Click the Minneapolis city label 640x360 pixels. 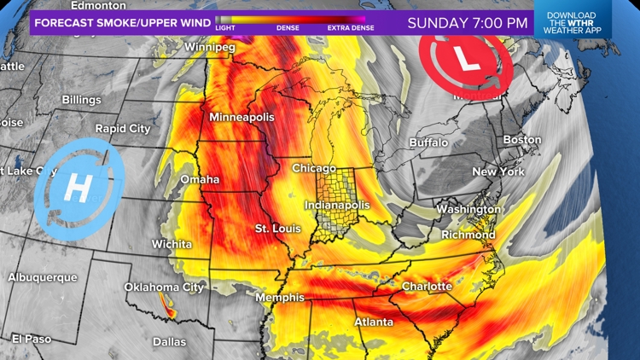click(x=241, y=117)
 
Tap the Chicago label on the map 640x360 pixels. click(x=314, y=168)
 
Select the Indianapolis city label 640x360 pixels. click(x=338, y=206)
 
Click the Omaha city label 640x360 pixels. click(x=200, y=179)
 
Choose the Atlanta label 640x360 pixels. click(x=374, y=322)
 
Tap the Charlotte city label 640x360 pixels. click(x=427, y=286)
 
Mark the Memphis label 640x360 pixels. click(x=280, y=298)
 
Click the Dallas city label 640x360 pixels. click(x=169, y=341)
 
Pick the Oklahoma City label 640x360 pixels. click(x=164, y=287)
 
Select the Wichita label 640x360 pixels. click(x=172, y=244)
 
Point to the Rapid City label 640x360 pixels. click(x=123, y=129)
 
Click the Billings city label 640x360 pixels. click(x=81, y=100)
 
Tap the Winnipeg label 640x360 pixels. click(x=209, y=47)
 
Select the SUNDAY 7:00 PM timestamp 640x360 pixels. click(x=467, y=23)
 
